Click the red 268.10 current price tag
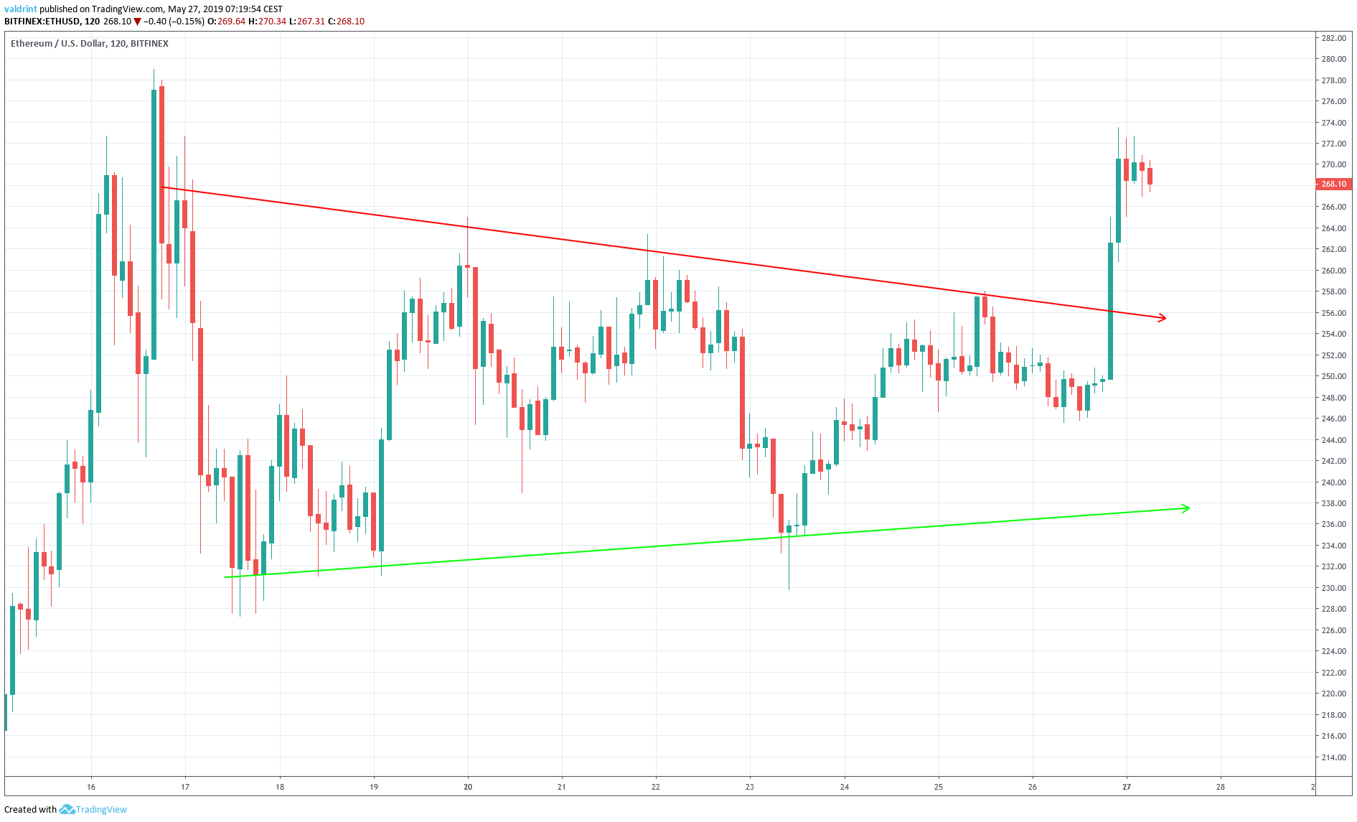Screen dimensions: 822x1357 1333,184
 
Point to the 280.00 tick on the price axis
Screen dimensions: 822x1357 1333,59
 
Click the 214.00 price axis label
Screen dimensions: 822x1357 1333,757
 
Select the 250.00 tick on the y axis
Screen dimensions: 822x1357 1333,376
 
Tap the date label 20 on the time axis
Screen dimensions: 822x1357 468,787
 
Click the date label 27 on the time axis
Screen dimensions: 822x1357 1127,787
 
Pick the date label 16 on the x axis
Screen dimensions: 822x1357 91,787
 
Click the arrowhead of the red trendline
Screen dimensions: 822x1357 1162,317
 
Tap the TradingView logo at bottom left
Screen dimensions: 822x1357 93,809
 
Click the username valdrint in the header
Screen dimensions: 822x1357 20,9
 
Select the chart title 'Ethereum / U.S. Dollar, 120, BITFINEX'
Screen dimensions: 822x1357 90,44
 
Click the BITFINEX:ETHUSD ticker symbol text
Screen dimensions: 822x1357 42,22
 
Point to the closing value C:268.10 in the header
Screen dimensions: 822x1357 346,22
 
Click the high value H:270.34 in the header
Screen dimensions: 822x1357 267,22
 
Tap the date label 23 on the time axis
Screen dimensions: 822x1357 750,787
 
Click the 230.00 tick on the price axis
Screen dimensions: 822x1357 1333,588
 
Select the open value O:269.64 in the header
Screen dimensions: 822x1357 226,22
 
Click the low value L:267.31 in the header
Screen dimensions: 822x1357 307,22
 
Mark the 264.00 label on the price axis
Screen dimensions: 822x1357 1333,228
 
